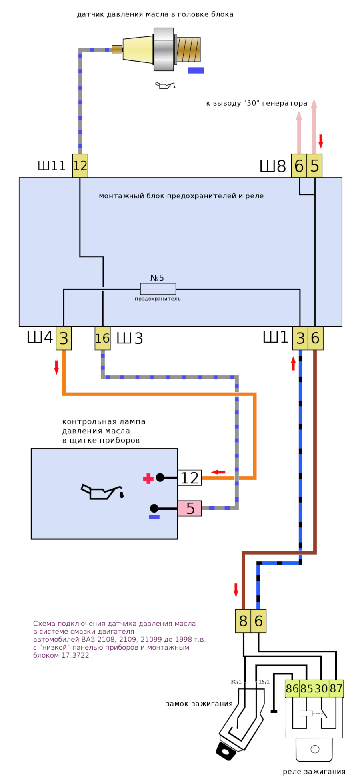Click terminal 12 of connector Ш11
point(80,166)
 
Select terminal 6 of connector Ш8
point(299,166)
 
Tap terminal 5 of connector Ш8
point(314,166)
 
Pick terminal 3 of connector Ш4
point(64,338)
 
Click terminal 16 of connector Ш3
point(102,338)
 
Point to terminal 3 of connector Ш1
point(300,338)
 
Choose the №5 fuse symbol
point(158,289)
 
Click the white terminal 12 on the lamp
point(190,478)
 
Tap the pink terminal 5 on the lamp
point(190,508)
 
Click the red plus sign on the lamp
point(148,479)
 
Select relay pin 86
point(292,688)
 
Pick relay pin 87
point(336,688)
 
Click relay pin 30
point(321,688)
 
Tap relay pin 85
point(307,688)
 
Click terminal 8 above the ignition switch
point(243,621)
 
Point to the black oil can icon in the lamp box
point(102,492)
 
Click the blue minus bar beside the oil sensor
point(196,70)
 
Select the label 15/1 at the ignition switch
point(264,682)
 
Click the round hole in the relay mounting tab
point(315,749)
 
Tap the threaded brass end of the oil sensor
point(189,50)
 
